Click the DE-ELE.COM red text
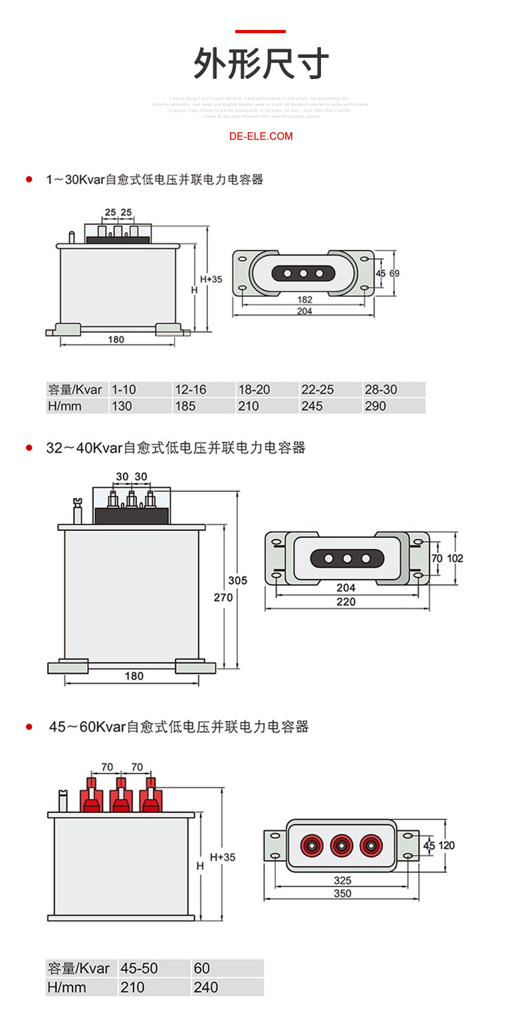(x=261, y=136)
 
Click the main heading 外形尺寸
(x=261, y=64)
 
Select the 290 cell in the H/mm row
(x=375, y=406)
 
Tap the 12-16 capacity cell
(x=190, y=389)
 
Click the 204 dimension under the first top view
(x=304, y=311)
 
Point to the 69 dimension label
(x=394, y=273)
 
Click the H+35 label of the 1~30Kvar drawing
(x=211, y=280)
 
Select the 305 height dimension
(x=237, y=580)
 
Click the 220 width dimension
(x=346, y=602)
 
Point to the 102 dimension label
(x=455, y=558)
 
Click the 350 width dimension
(x=343, y=894)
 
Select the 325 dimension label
(x=343, y=880)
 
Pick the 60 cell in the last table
(x=202, y=968)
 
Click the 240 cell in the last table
(x=206, y=987)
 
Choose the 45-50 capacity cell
(x=140, y=968)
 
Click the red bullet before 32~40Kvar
(x=29, y=448)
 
